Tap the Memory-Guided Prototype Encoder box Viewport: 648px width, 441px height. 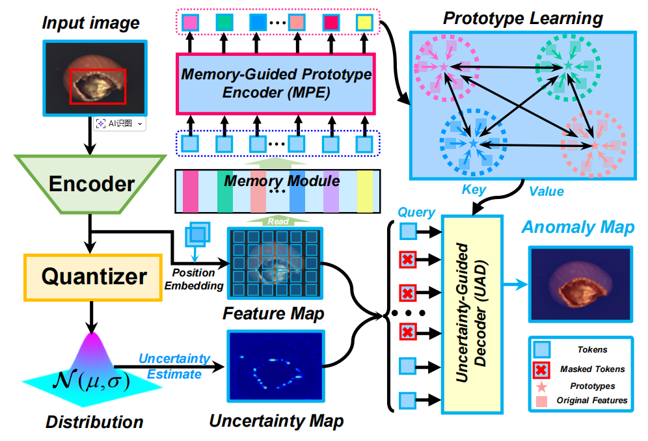point(276,83)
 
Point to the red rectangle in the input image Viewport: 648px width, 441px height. point(98,87)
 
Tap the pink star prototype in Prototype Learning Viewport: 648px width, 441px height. point(444,66)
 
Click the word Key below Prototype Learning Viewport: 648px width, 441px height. point(474,189)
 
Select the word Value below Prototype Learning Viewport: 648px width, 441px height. point(546,191)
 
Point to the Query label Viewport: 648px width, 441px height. point(417,213)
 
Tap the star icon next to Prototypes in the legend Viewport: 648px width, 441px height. point(541,386)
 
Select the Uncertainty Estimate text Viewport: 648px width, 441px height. point(174,366)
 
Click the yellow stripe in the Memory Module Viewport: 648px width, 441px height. point(366,191)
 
